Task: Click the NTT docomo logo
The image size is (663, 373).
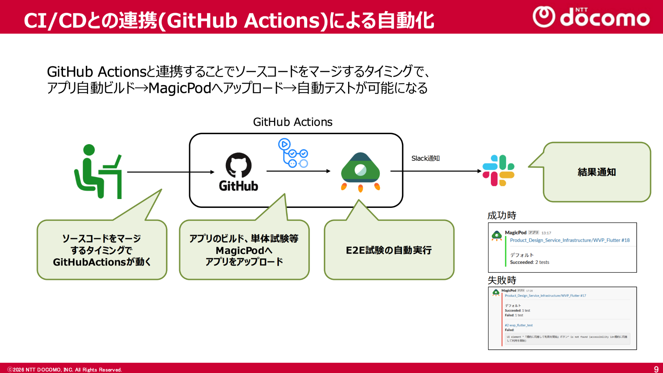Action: (x=591, y=17)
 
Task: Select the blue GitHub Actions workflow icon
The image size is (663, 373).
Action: (x=293, y=153)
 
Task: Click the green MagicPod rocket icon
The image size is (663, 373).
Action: (x=360, y=172)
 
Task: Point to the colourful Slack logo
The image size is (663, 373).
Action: (x=498, y=171)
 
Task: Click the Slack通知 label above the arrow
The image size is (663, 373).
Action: (x=425, y=158)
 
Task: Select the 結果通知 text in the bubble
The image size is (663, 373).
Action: (x=597, y=172)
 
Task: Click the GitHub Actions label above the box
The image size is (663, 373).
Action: (x=292, y=122)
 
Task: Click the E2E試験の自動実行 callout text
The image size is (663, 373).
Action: (x=389, y=250)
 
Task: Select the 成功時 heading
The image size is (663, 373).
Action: (x=502, y=216)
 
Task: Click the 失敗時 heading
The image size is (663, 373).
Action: (x=502, y=280)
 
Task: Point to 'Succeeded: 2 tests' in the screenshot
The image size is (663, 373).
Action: (x=529, y=262)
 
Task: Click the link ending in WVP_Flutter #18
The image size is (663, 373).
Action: (x=569, y=240)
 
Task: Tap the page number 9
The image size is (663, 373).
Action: (x=656, y=369)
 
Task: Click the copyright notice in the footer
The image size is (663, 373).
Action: (x=64, y=370)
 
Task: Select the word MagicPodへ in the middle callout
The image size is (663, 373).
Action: (x=244, y=251)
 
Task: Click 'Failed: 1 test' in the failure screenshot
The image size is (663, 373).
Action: (x=514, y=316)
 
